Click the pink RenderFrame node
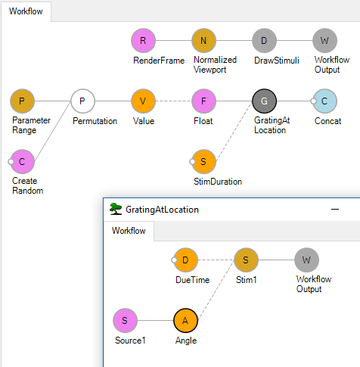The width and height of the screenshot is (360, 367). click(x=143, y=41)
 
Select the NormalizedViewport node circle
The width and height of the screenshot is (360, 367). click(x=203, y=41)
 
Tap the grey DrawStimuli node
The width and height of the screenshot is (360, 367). click(x=264, y=41)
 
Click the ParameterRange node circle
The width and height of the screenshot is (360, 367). click(x=22, y=101)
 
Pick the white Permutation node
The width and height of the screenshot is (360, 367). click(x=82, y=101)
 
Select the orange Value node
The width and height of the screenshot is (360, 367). click(x=143, y=101)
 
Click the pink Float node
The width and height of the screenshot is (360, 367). click(x=203, y=101)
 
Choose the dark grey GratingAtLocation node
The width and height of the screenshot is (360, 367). click(x=264, y=101)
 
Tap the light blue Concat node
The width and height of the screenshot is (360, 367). click(x=324, y=101)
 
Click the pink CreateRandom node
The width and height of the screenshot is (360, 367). click(x=22, y=162)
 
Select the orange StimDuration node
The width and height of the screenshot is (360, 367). click(x=203, y=162)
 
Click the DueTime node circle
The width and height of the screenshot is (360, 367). click(x=185, y=260)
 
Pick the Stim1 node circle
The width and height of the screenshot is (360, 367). click(x=246, y=260)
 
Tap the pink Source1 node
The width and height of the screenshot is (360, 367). click(x=125, y=321)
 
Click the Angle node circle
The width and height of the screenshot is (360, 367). click(x=185, y=321)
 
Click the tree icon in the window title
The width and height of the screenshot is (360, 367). click(x=116, y=209)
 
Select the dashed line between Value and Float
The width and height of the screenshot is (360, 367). click(x=173, y=101)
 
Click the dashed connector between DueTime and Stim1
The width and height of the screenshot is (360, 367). click(x=216, y=260)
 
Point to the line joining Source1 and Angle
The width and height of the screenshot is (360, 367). click(x=155, y=321)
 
